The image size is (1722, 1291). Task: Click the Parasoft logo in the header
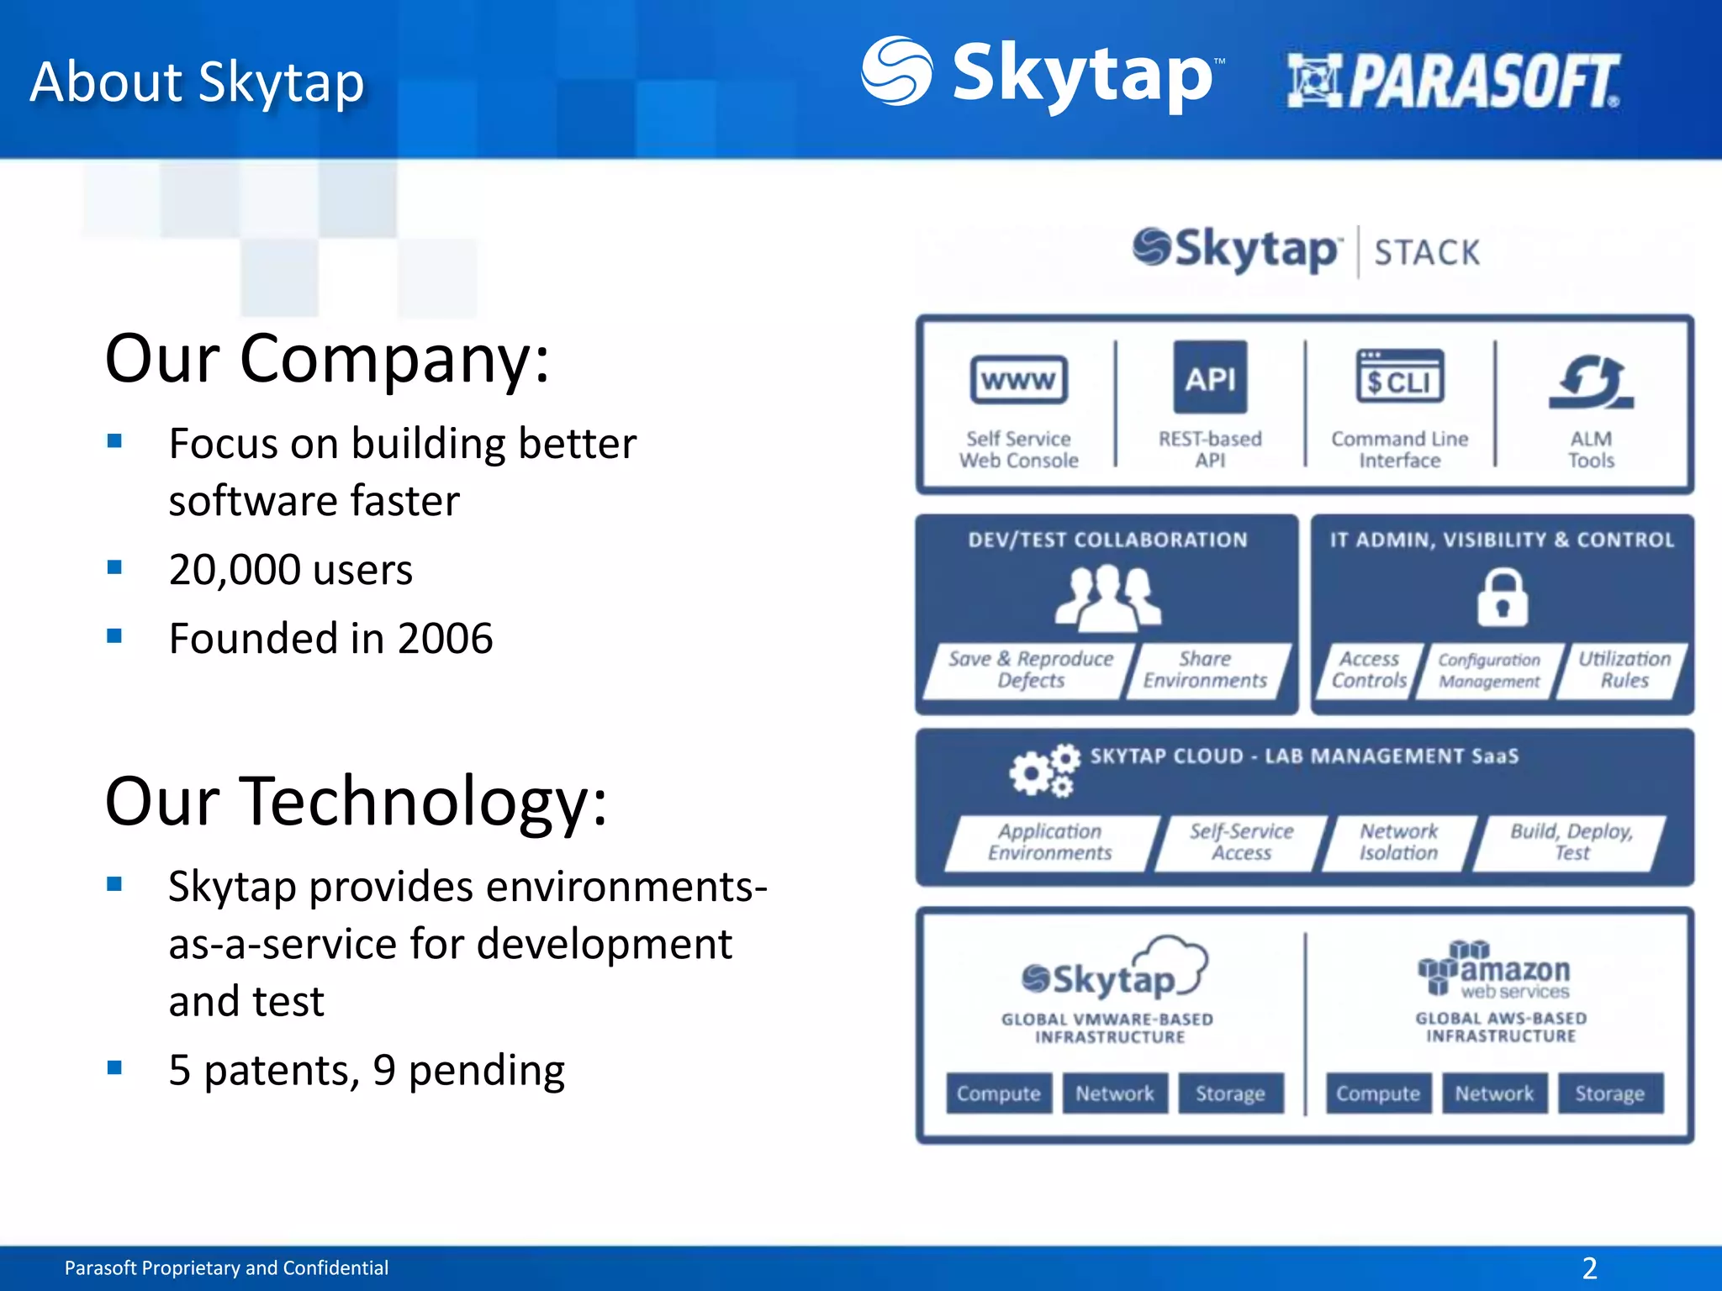click(1453, 81)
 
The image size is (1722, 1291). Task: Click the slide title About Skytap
click(197, 82)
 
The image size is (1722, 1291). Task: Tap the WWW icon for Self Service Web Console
click(1018, 381)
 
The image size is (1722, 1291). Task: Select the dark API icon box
click(1210, 377)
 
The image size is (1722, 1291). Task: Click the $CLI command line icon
click(1399, 377)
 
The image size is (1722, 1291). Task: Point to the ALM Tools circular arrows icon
click(1591, 382)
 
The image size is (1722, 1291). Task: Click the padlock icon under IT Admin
click(1502, 598)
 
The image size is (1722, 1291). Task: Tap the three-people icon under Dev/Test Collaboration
click(1107, 598)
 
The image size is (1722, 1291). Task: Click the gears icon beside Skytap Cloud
click(1043, 769)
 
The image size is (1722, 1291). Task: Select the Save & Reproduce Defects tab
click(1030, 670)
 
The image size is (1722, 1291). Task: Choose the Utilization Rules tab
click(1624, 670)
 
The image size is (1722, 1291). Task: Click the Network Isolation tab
click(1398, 842)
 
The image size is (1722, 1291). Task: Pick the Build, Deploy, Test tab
click(1571, 842)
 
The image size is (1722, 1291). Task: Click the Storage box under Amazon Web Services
click(1609, 1093)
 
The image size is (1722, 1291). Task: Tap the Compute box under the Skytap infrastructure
click(998, 1093)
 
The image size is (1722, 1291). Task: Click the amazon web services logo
click(1495, 971)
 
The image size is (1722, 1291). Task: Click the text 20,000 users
click(290, 570)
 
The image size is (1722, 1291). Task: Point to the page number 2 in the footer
click(1589, 1267)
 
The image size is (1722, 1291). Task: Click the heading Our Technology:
click(356, 801)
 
